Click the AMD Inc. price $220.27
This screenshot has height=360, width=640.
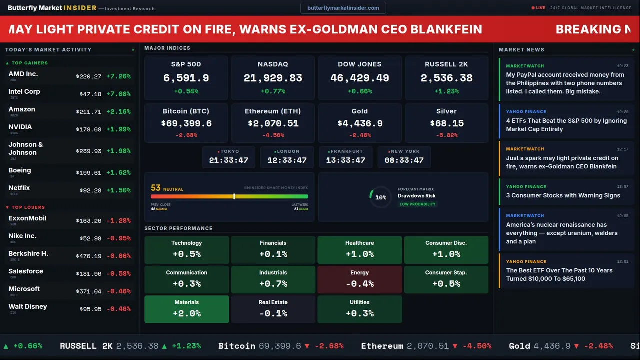pyautogui.click(x=89, y=77)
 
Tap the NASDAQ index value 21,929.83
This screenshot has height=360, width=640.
pyautogui.click(x=273, y=78)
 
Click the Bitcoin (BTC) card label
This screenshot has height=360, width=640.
pyautogui.click(x=186, y=111)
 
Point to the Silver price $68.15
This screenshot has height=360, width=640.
pyautogui.click(x=447, y=123)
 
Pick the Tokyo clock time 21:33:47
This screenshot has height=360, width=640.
pyautogui.click(x=229, y=160)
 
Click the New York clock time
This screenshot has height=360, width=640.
pyautogui.click(x=404, y=160)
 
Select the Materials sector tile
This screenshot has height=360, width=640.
pyautogui.click(x=187, y=309)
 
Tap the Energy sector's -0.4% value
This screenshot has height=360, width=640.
pyautogui.click(x=360, y=284)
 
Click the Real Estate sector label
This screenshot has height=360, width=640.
pyautogui.click(x=273, y=302)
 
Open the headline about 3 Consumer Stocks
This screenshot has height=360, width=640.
pyautogui.click(x=563, y=195)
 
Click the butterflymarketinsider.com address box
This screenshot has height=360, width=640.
pyautogui.click(x=343, y=8)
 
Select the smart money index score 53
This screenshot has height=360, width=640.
pyautogui.click(x=156, y=188)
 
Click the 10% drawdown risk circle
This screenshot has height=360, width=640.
pyautogui.click(x=381, y=197)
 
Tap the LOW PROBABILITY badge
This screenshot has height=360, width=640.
pyautogui.click(x=417, y=204)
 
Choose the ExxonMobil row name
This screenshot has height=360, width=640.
pyautogui.click(x=27, y=218)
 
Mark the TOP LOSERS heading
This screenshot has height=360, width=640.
pyautogui.click(x=28, y=207)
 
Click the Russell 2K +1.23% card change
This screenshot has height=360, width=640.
pyautogui.click(x=446, y=91)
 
